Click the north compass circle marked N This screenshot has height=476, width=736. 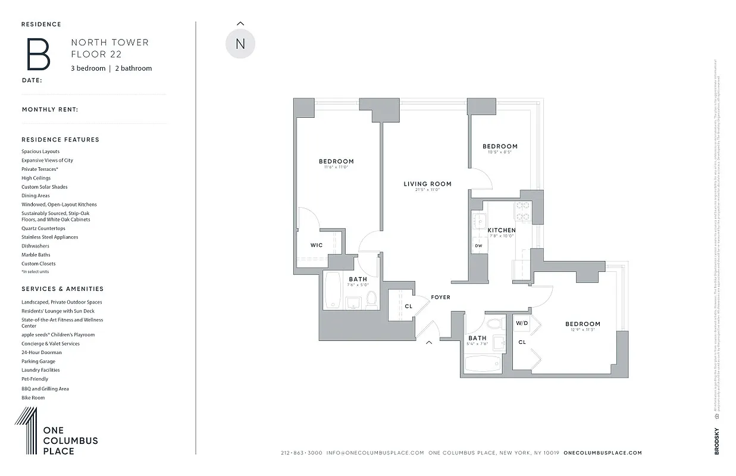coord(240,44)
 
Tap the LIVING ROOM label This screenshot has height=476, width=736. coord(427,184)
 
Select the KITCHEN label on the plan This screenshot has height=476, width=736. coord(501,230)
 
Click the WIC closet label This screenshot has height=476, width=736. coord(317,245)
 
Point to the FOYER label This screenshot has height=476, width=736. coord(440,297)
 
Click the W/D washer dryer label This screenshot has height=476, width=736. coord(522,323)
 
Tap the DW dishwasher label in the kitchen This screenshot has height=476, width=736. coord(478,245)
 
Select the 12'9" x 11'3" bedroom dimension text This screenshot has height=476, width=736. coord(582,330)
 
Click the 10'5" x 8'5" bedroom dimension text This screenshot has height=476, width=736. coord(500,152)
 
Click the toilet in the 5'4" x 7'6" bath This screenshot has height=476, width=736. coord(494,324)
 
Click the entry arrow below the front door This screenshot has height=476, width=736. coord(428,342)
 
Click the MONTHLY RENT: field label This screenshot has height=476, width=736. coord(50,109)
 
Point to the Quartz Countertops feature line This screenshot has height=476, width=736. coord(43,228)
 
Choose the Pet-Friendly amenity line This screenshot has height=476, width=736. coord(35,379)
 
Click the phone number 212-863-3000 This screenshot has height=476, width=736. coord(301,453)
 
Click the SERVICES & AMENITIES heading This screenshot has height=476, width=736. coord(62,289)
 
